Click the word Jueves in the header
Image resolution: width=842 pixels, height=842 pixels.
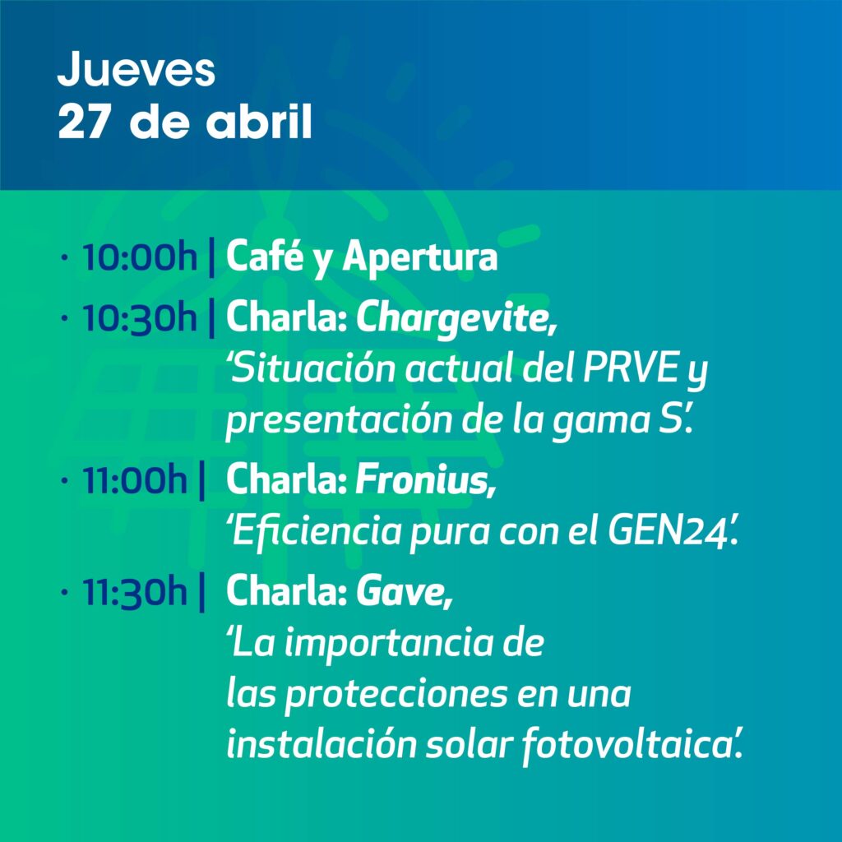click(x=136, y=69)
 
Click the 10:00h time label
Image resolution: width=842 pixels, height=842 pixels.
click(x=140, y=257)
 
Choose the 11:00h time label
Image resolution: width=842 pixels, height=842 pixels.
click(x=135, y=479)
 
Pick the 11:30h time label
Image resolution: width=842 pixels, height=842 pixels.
click(x=135, y=591)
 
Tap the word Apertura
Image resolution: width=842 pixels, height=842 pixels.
click(x=420, y=257)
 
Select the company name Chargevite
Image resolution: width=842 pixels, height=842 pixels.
click(x=456, y=319)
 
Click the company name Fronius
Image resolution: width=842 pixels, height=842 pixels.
click(x=425, y=479)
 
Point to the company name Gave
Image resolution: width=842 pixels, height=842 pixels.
click(x=404, y=591)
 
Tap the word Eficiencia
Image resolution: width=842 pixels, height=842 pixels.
click(x=317, y=531)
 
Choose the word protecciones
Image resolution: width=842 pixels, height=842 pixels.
click(x=396, y=696)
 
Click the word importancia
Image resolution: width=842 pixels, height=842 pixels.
click(x=388, y=644)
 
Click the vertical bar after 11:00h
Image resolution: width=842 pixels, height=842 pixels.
click(x=202, y=481)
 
